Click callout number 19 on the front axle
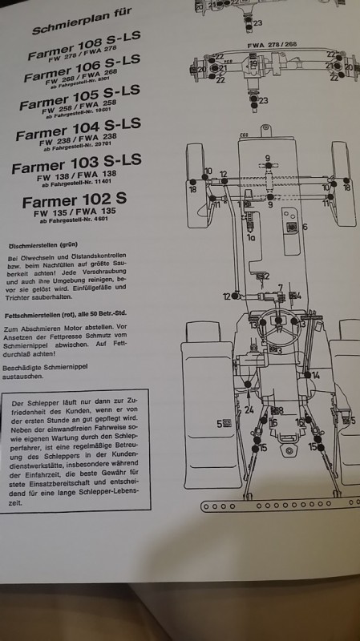tap(253, 64)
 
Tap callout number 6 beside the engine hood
tap(305, 228)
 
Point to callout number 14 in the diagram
tap(316, 375)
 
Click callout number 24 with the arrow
tap(249, 410)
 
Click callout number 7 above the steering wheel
tap(280, 287)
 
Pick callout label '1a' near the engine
tap(250, 238)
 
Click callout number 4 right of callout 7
tap(298, 296)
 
